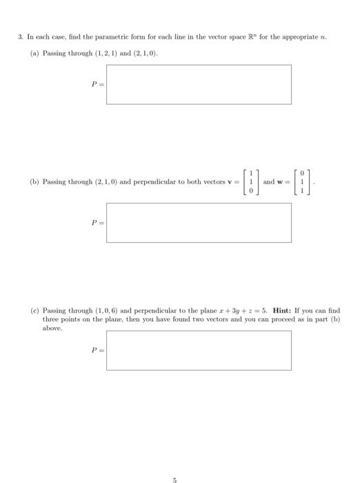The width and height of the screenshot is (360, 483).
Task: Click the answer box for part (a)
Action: coord(199,84)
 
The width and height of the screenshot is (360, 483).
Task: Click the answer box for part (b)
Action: coord(199,222)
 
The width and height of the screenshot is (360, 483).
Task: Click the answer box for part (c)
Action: coord(199,351)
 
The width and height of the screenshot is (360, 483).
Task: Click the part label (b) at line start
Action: coord(34,182)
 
